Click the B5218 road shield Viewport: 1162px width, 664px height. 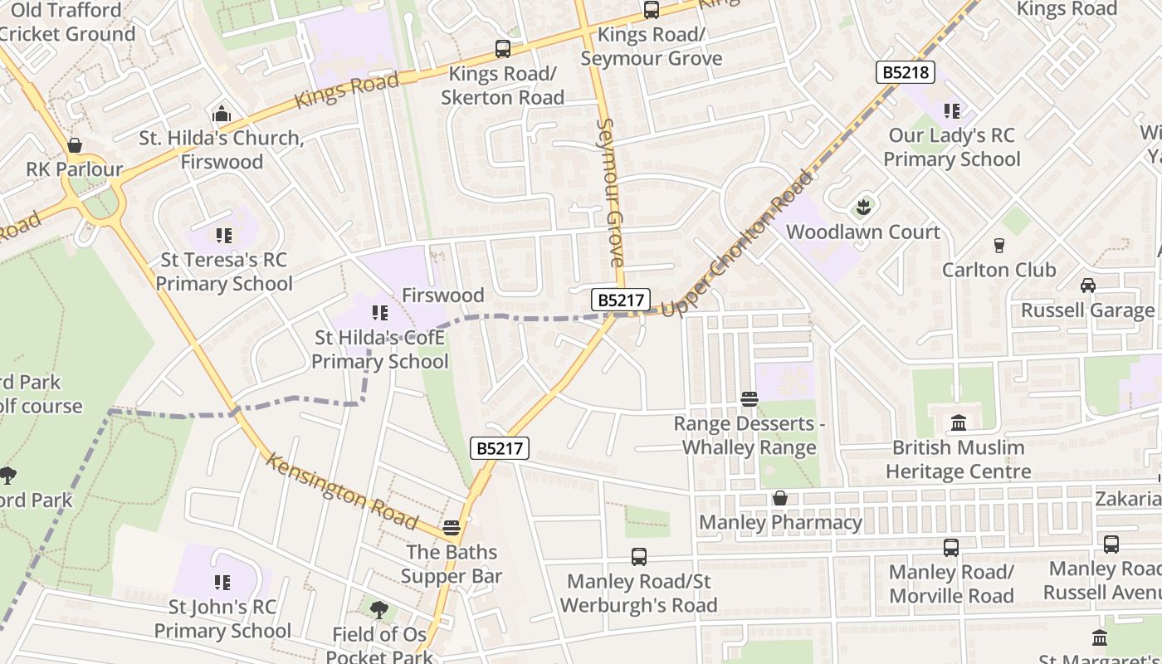tap(905, 72)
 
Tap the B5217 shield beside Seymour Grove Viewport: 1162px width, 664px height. tap(620, 300)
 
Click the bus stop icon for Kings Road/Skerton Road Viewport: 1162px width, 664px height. tap(502, 49)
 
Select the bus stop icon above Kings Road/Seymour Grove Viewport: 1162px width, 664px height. tap(652, 10)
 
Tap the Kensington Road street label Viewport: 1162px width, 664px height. tap(340, 491)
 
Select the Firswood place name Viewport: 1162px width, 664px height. tap(442, 295)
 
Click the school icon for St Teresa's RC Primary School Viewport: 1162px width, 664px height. tap(222, 236)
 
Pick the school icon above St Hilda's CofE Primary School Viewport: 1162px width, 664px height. tap(380, 313)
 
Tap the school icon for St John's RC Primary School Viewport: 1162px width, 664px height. tap(222, 583)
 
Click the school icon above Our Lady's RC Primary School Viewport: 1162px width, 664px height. tap(951, 110)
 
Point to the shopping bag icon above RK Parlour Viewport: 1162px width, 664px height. tap(75, 146)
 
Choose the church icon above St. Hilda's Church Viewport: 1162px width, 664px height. tap(222, 114)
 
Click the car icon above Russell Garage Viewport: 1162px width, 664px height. tap(1087, 286)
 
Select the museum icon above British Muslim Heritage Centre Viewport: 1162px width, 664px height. tap(959, 423)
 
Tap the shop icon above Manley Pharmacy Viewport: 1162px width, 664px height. tap(780, 498)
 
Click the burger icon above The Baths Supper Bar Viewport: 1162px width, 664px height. tap(452, 528)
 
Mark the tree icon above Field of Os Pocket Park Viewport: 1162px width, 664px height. tap(379, 610)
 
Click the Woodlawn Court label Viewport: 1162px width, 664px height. tap(863, 232)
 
